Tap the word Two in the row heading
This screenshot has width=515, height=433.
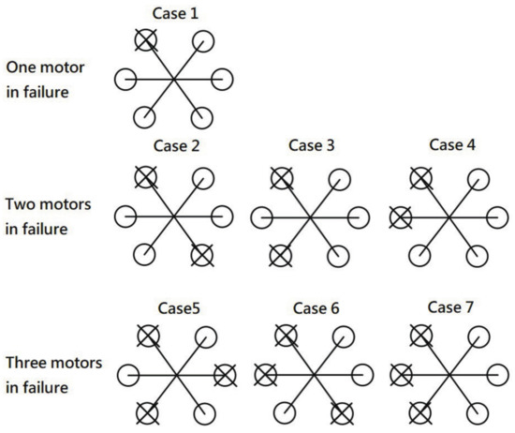pos(21,202)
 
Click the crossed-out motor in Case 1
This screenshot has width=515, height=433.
pos(145,40)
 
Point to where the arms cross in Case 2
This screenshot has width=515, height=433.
pos(174,216)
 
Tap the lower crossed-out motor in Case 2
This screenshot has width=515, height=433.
pos(201,254)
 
